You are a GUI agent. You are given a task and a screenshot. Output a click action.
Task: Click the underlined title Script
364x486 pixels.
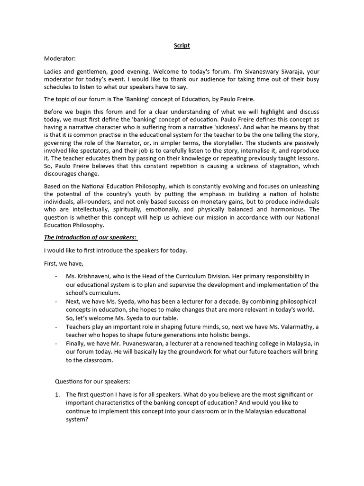[x=182, y=46]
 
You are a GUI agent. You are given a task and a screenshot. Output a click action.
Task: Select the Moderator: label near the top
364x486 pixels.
[x=60, y=58]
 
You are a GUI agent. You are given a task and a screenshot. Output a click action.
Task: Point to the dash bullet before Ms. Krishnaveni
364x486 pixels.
[x=56, y=276]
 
